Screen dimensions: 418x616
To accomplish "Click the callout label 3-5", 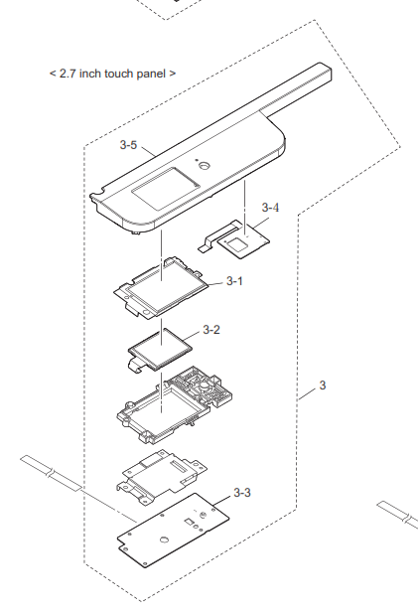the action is [128, 145].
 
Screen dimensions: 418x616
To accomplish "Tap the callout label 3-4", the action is [270, 207].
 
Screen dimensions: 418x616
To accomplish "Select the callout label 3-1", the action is [234, 281].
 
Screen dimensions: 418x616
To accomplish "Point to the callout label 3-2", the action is [211, 330].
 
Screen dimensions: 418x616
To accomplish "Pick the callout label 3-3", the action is [242, 492].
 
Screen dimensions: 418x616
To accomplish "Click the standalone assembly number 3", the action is [323, 385].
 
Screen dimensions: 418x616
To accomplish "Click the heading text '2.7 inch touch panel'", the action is [112, 74].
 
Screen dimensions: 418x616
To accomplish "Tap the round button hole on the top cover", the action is [204, 165].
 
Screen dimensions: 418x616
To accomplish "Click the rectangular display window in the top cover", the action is [165, 188].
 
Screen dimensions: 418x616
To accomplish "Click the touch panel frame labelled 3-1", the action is [161, 288].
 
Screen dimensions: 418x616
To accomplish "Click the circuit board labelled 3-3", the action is [173, 531].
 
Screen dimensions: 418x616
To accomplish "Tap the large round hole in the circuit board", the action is [165, 539].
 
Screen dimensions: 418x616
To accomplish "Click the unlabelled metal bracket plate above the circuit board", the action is [162, 477].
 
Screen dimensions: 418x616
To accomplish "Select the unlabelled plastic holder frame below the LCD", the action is [175, 404].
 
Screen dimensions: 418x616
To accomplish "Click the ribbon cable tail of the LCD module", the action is [137, 364].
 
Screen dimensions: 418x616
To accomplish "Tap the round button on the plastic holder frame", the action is [206, 385].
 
